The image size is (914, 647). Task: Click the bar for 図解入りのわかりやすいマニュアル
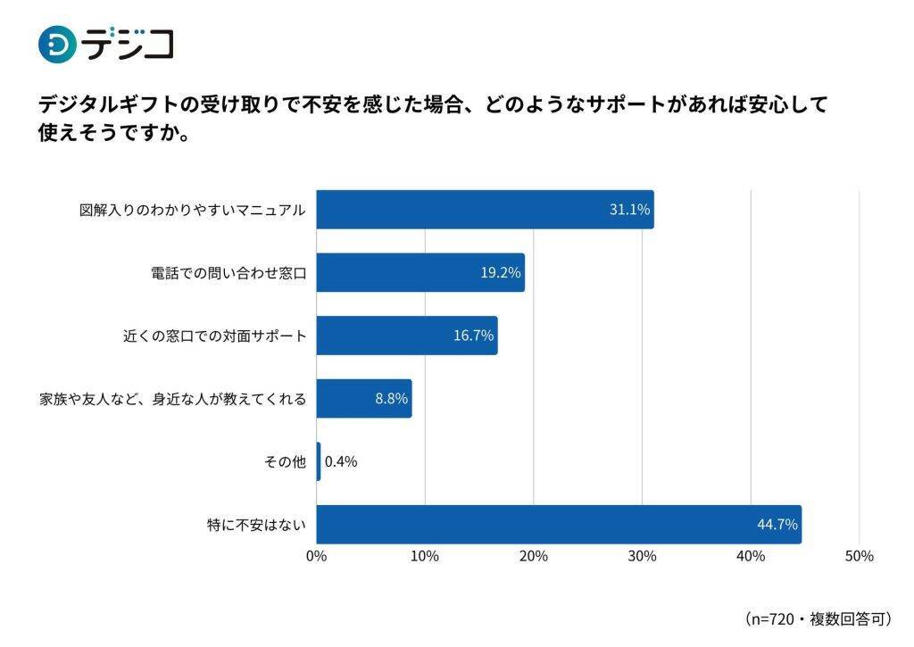[485, 210]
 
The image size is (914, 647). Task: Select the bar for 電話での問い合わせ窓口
[420, 272]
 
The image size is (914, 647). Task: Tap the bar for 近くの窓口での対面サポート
[407, 336]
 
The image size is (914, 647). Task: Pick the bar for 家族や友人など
[364, 399]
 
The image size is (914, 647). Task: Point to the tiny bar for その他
[319, 461]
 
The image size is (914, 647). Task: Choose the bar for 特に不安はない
[559, 525]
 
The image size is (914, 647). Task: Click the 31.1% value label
[629, 210]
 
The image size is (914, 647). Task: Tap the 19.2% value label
[500, 272]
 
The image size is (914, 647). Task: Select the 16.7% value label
[473, 336]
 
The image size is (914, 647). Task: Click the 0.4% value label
[341, 461]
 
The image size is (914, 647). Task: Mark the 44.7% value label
[777, 525]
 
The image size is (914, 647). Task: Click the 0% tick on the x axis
[317, 556]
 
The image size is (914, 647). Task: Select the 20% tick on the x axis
[534, 556]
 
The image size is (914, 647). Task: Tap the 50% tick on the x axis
[859, 556]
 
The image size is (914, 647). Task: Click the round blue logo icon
[57, 44]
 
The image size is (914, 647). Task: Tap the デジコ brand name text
[129, 44]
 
